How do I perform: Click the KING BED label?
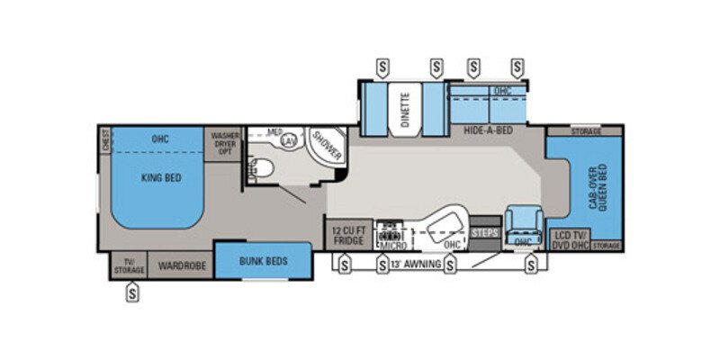pyautogui.click(x=162, y=178)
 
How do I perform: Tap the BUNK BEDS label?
pyautogui.click(x=263, y=261)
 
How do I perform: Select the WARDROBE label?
pyautogui.click(x=183, y=265)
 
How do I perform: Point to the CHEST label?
pyautogui.click(x=106, y=140)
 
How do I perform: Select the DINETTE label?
pyautogui.click(x=405, y=109)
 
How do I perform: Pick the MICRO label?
pyautogui.click(x=393, y=244)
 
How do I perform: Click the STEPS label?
pyautogui.click(x=484, y=233)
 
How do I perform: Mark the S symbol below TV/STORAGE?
pyautogui.click(x=133, y=292)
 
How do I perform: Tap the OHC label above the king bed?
pyautogui.click(x=160, y=139)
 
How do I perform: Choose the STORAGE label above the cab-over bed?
pyautogui.click(x=586, y=131)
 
